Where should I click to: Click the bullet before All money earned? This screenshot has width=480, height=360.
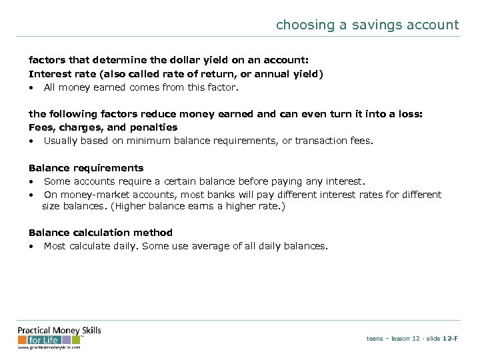coord(31,87)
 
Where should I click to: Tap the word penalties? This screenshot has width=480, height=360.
coord(155,127)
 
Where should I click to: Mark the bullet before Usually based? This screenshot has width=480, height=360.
coord(31,141)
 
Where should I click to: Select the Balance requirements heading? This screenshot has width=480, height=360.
coord(86,168)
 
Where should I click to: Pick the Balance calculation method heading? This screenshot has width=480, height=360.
coord(100,233)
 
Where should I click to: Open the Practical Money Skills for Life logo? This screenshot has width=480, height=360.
coord(59,335)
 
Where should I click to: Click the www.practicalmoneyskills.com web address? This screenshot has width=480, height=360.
coord(49,347)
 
